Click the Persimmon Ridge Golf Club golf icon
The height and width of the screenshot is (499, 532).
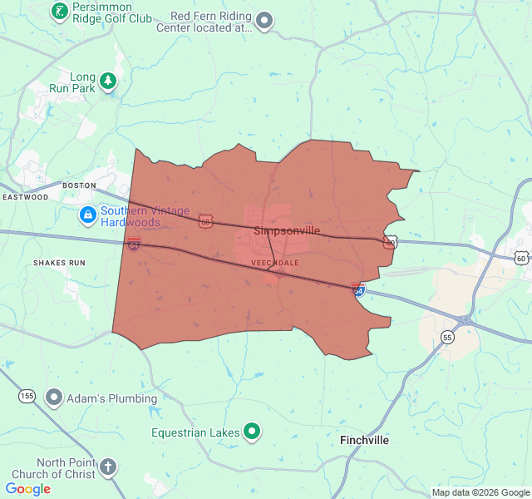pos(59,11)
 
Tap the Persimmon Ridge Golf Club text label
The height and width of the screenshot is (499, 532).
pos(112,12)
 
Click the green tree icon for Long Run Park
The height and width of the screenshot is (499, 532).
pos(107,82)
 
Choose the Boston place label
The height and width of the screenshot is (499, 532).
pos(80,185)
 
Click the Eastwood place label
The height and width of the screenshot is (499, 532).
pos(25,197)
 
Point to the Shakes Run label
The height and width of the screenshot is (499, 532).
pos(59,263)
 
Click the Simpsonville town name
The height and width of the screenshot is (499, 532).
pos(281,230)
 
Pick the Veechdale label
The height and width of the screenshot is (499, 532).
pos(274,262)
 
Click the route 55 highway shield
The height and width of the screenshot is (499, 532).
pos(447,337)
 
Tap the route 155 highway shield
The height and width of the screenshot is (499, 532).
pos(27,396)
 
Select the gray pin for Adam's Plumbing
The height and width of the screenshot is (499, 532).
pos(54,398)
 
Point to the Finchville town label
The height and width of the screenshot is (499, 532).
pos(364,440)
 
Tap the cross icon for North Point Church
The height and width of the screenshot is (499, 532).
pos(107,467)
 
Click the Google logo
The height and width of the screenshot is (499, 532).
pos(27,489)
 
